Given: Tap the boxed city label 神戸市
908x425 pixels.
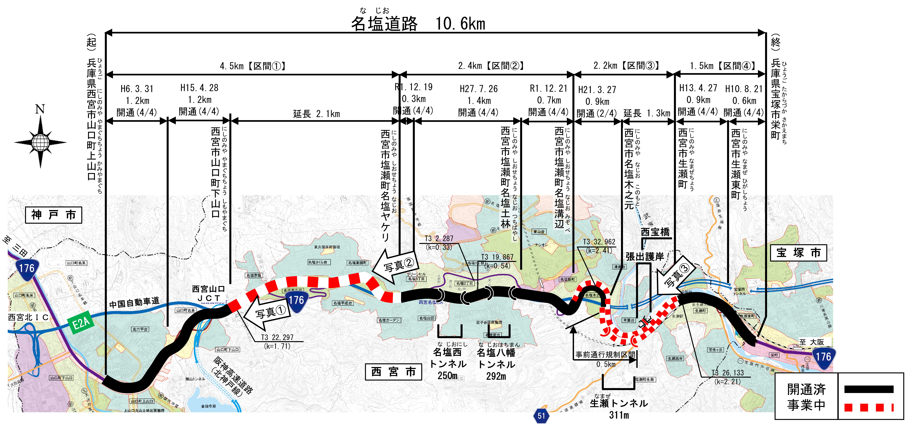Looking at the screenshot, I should click(x=54, y=215).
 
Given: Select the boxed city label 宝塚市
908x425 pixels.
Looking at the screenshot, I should click(x=798, y=253).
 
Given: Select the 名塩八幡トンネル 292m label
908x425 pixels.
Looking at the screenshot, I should click(x=496, y=364).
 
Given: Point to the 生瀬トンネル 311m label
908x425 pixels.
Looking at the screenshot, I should click(x=619, y=408).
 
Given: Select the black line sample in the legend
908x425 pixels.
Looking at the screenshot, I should click(x=869, y=389).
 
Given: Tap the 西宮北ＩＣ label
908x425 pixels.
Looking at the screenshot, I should click(x=28, y=317).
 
